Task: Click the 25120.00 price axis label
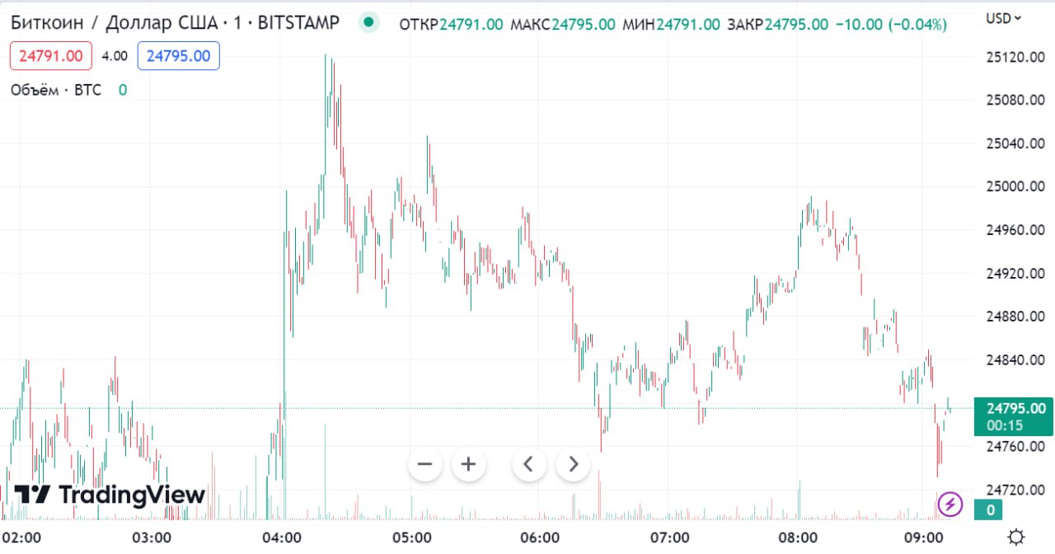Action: tap(1015, 57)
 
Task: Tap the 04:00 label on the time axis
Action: tap(282, 538)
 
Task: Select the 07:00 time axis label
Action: tap(669, 538)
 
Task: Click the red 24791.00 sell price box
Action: tap(51, 56)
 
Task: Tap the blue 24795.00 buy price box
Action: tap(178, 56)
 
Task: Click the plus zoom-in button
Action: tap(468, 464)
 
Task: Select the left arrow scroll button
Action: tap(529, 464)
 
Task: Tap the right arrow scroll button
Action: tap(574, 464)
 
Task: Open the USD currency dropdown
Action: tap(1003, 17)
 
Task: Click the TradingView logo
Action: tap(110, 495)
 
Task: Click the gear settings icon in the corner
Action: tap(1016, 538)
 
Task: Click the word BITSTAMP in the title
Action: tap(298, 23)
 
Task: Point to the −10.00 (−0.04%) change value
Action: tap(891, 24)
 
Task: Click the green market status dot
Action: tap(368, 22)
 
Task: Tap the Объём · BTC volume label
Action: tap(55, 90)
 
